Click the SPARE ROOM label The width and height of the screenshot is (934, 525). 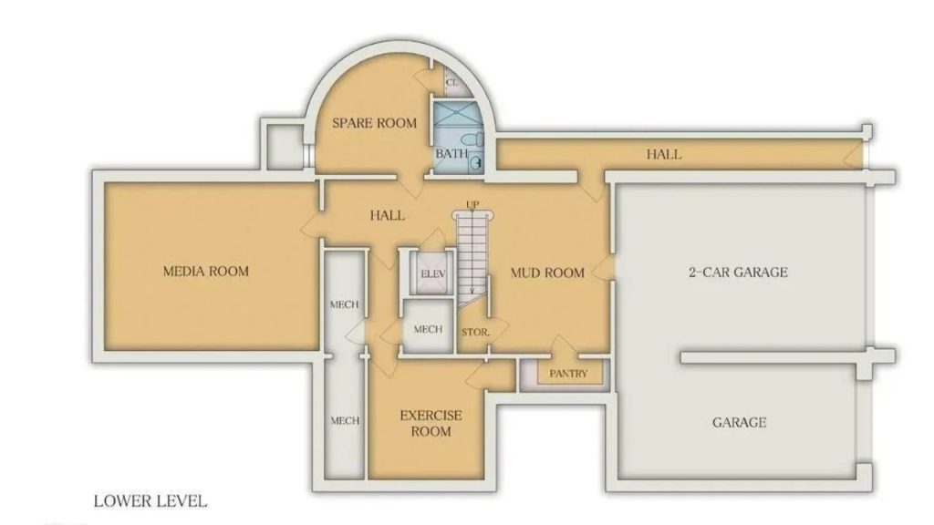(374, 123)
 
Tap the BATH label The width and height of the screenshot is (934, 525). (450, 154)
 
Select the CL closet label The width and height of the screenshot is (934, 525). (451, 82)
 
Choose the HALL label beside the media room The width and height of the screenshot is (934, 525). (388, 216)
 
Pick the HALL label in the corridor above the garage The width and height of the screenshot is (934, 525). (663, 154)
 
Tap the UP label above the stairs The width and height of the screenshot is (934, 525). (472, 203)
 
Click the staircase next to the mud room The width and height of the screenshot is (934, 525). (472, 251)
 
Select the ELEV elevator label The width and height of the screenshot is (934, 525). (430, 274)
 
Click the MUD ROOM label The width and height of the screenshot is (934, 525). (546, 273)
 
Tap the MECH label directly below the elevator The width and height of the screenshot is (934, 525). (428, 329)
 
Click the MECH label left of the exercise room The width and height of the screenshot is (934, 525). (344, 420)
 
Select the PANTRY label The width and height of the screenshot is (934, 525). (568, 374)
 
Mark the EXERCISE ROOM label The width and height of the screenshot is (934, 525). (431, 423)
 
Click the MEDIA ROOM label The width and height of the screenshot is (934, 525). (205, 271)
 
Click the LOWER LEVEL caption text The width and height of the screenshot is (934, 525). (150, 501)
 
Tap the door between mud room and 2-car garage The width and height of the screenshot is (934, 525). (604, 271)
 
